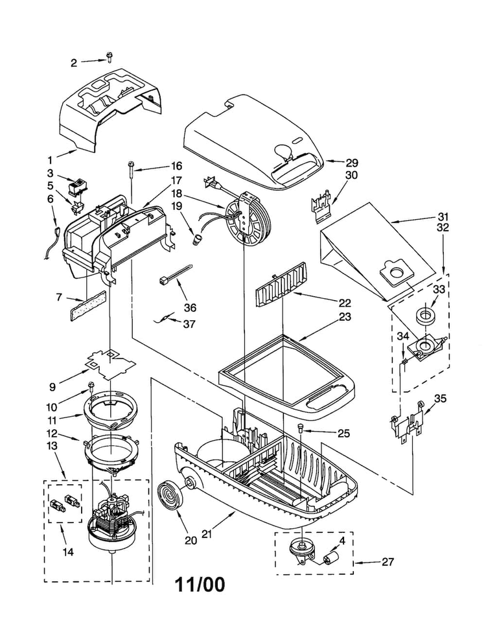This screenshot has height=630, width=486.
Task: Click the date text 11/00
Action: (x=200, y=585)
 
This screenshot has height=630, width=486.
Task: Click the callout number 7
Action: (x=59, y=297)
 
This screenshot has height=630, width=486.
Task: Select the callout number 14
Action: (x=68, y=552)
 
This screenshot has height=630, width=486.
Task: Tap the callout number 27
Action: (x=388, y=561)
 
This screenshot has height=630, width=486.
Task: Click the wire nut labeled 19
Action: (x=196, y=240)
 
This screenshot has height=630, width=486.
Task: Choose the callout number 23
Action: (x=345, y=316)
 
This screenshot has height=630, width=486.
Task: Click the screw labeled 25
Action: (x=299, y=428)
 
